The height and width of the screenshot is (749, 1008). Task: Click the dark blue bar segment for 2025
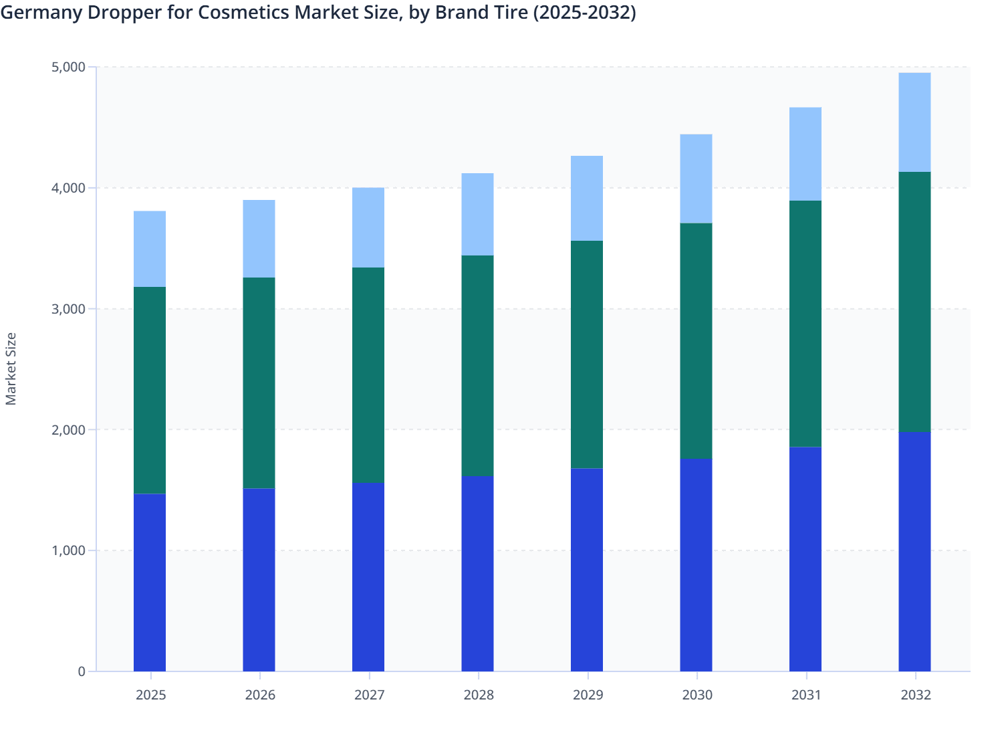150,582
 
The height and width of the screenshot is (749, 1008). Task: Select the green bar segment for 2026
259,383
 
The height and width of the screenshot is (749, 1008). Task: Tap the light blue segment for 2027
368,227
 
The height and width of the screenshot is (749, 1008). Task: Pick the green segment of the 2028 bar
477,365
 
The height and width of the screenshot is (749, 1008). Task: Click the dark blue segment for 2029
587,570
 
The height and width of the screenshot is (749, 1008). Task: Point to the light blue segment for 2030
696,179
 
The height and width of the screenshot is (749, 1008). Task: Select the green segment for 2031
805,324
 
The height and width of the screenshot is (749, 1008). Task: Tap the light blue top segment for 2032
914,122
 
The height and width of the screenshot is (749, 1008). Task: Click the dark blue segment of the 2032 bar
914,551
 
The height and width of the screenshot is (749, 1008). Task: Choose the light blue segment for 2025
150,249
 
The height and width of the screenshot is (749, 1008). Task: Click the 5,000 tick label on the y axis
68,68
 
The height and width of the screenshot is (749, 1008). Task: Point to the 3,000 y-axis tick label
68,309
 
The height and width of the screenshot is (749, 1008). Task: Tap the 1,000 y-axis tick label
68,551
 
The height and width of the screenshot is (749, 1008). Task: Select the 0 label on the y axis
82,671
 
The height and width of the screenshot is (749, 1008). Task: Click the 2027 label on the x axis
369,695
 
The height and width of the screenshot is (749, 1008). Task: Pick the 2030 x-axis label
697,695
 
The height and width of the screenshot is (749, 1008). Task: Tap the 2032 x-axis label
915,695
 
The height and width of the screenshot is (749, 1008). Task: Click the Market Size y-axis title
11,368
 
